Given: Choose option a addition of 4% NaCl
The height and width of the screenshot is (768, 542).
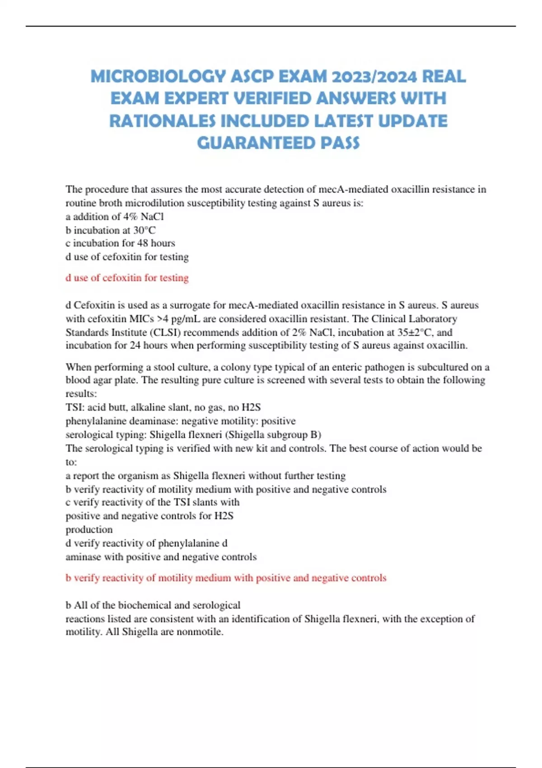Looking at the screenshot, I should click(x=115, y=216).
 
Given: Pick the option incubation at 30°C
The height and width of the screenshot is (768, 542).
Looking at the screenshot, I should click(x=111, y=230).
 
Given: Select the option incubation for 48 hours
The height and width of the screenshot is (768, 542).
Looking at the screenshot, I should click(x=120, y=243).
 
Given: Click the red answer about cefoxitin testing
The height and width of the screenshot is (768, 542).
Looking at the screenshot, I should click(x=127, y=278).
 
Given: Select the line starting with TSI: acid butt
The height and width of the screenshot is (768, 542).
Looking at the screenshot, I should click(x=163, y=407).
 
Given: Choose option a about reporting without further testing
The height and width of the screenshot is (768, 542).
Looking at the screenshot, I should click(x=206, y=476).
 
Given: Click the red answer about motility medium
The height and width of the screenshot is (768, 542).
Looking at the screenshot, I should click(x=226, y=578).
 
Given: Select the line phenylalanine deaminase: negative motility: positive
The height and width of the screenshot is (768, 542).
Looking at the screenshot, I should click(x=181, y=421).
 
